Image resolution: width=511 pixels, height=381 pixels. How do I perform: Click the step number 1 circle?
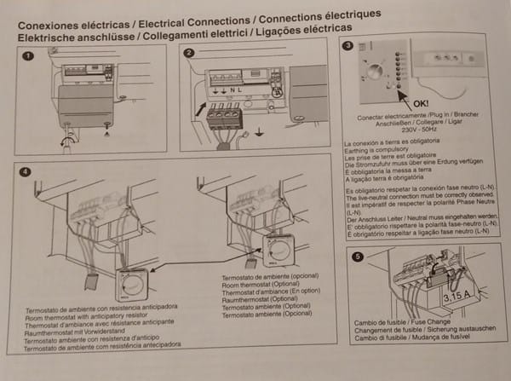coord(28,56)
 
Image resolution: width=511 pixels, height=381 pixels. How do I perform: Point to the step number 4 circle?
coord(26,172)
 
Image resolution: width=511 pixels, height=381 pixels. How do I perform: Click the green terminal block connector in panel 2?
coord(224,113)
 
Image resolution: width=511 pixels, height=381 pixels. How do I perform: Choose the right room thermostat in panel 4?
coord(278,249)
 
